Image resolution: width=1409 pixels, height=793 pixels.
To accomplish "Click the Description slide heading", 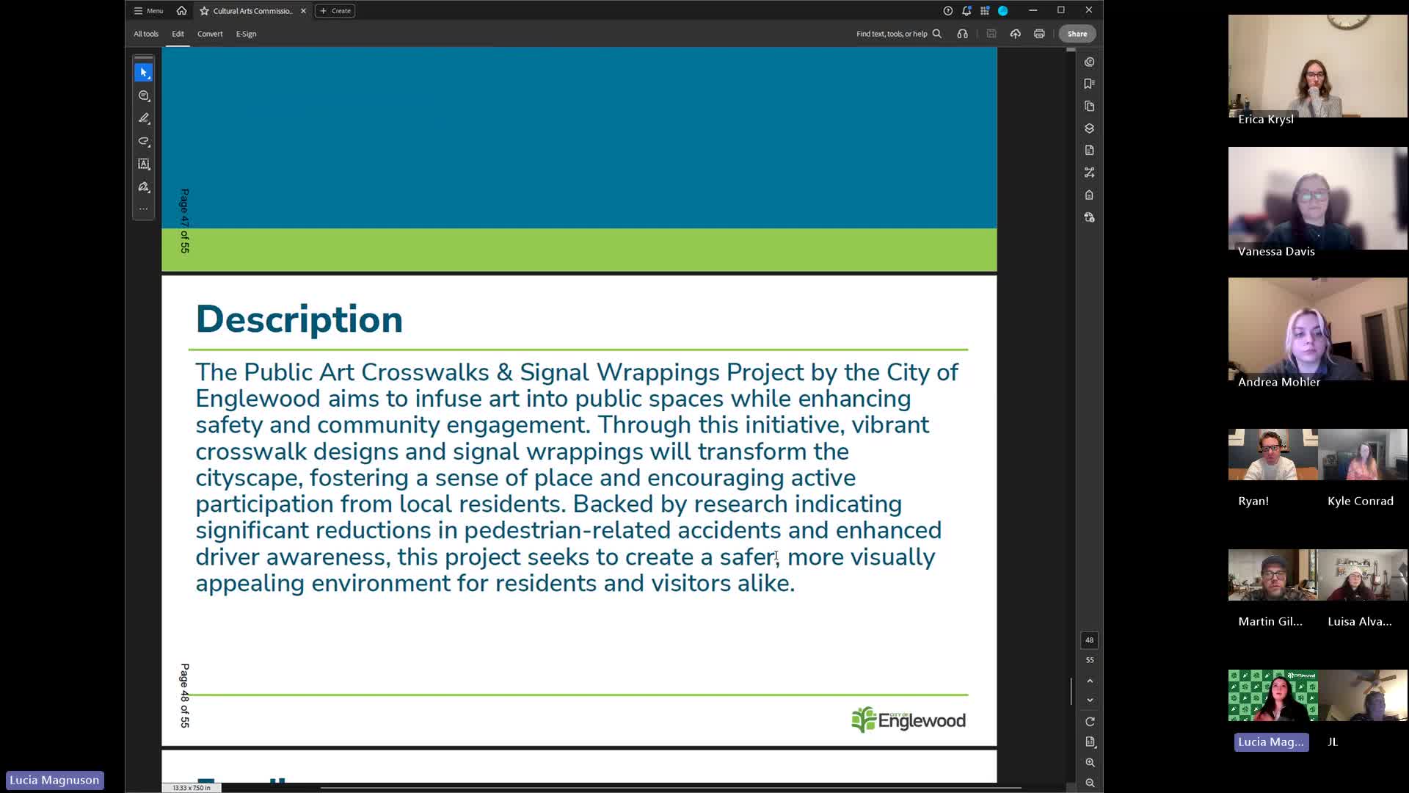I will coord(299,320).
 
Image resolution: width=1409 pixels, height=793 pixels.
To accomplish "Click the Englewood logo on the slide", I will coord(908,720).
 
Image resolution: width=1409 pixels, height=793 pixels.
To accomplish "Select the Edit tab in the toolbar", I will coord(178,34).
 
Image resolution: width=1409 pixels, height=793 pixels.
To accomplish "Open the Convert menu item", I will coord(210,34).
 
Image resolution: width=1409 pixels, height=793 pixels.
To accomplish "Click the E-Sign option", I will coord(246,34).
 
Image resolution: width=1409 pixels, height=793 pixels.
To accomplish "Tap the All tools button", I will coord(146,34).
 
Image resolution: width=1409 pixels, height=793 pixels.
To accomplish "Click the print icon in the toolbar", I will coord(1039,34).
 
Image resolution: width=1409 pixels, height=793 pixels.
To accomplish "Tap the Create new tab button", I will coord(335,11).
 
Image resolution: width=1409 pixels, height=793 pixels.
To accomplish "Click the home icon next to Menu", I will coord(181,11).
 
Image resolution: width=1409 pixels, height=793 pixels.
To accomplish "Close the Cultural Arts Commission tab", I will coord(303,11).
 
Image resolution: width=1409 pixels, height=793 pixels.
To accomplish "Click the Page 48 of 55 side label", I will coord(185,695).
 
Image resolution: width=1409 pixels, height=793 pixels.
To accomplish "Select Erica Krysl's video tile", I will coord(1317,66).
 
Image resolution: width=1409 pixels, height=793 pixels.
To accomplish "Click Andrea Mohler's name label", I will coord(1278,382).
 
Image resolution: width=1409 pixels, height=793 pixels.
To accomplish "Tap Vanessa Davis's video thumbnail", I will coord(1317,198).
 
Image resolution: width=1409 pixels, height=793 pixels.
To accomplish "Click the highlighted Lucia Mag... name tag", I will coord(1270,742).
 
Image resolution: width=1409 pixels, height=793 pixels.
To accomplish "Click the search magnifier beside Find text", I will coord(937,34).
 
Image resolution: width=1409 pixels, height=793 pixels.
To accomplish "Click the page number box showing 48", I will coord(1089,640).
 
